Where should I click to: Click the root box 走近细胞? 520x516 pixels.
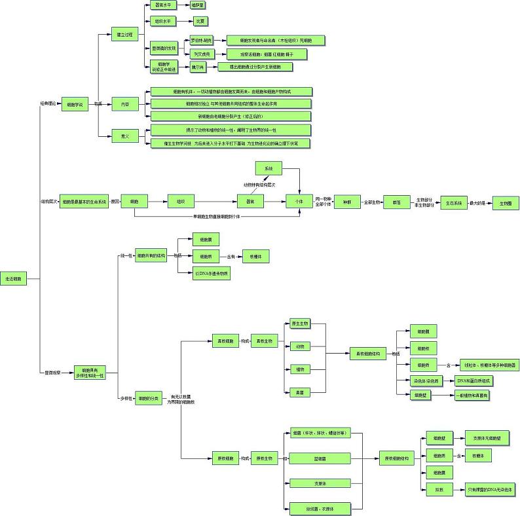(14, 279)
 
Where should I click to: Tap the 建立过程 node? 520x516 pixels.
(124, 35)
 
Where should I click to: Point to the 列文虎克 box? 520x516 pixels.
(200, 54)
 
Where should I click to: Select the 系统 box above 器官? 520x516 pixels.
(269, 169)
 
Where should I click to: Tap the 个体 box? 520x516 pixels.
(300, 202)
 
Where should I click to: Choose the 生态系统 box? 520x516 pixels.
(454, 203)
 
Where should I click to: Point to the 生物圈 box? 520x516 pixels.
(505, 204)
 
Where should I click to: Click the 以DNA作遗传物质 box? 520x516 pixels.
(212, 274)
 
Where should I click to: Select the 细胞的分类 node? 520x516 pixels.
(149, 399)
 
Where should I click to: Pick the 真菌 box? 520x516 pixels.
(300, 392)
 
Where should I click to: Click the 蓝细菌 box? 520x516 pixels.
(320, 459)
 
